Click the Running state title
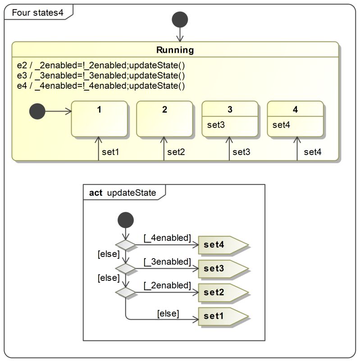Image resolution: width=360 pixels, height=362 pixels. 175,50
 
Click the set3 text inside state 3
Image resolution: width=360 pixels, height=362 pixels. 216,125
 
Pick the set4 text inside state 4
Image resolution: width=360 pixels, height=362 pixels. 282,125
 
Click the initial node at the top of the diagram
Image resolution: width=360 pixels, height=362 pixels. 180,20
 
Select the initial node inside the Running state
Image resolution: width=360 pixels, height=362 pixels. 37,111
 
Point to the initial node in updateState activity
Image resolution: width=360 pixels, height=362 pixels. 125,220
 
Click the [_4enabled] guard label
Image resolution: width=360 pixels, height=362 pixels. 167,238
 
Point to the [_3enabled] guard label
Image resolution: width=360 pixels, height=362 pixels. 167,261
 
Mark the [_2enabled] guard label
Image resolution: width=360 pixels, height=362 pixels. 167,285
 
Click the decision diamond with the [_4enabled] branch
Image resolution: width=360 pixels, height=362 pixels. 125,245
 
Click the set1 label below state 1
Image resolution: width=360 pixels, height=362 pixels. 110,152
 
